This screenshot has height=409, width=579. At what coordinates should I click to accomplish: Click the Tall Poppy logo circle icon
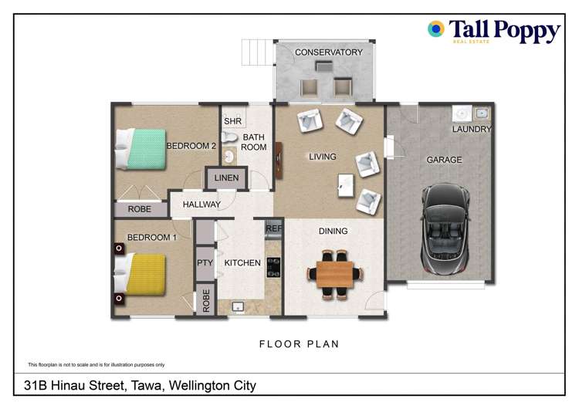[x=436, y=29]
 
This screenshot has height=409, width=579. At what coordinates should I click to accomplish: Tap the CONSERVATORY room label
[x=328, y=52]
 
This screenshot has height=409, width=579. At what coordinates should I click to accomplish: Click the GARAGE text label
[x=444, y=160]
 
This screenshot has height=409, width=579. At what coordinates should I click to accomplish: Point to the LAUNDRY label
[x=471, y=129]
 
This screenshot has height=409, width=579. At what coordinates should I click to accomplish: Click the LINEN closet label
[x=226, y=179]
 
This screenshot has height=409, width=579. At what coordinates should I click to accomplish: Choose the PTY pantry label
[x=204, y=263]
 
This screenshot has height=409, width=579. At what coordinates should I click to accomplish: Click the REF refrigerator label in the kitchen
[x=273, y=228]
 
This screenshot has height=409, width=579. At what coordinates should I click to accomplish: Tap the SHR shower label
[x=232, y=122]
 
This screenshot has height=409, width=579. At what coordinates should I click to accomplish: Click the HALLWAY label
[x=201, y=204]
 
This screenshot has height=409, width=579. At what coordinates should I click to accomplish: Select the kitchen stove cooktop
[x=273, y=266]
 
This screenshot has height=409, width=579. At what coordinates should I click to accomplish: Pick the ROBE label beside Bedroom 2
[x=140, y=209]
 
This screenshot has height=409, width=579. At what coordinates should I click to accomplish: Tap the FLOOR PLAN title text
[x=299, y=344]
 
